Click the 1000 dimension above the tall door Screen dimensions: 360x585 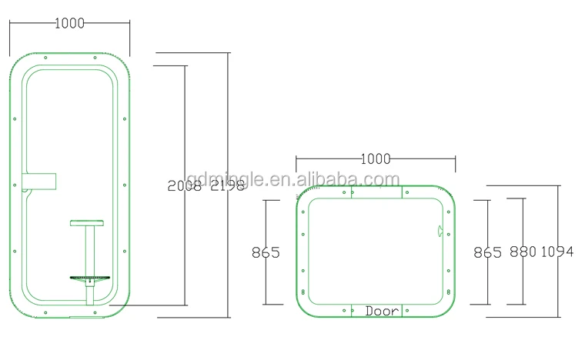tap(69, 23)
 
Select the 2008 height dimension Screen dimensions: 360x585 tap(184, 185)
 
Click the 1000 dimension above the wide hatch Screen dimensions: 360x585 tap(376, 159)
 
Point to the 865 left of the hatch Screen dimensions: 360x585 tap(266, 252)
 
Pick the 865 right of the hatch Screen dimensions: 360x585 tap(487, 252)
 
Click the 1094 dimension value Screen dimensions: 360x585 tap(557, 252)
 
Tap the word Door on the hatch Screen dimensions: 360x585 tap(382, 312)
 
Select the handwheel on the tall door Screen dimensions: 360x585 tap(90, 277)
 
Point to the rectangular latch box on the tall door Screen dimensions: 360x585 tap(41, 180)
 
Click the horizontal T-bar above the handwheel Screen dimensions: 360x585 tap(90, 224)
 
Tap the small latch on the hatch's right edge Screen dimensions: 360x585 tap(439, 229)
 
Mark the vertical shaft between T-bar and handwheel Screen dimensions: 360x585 tap(90, 250)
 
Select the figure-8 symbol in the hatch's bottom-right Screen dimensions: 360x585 tap(446, 292)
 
